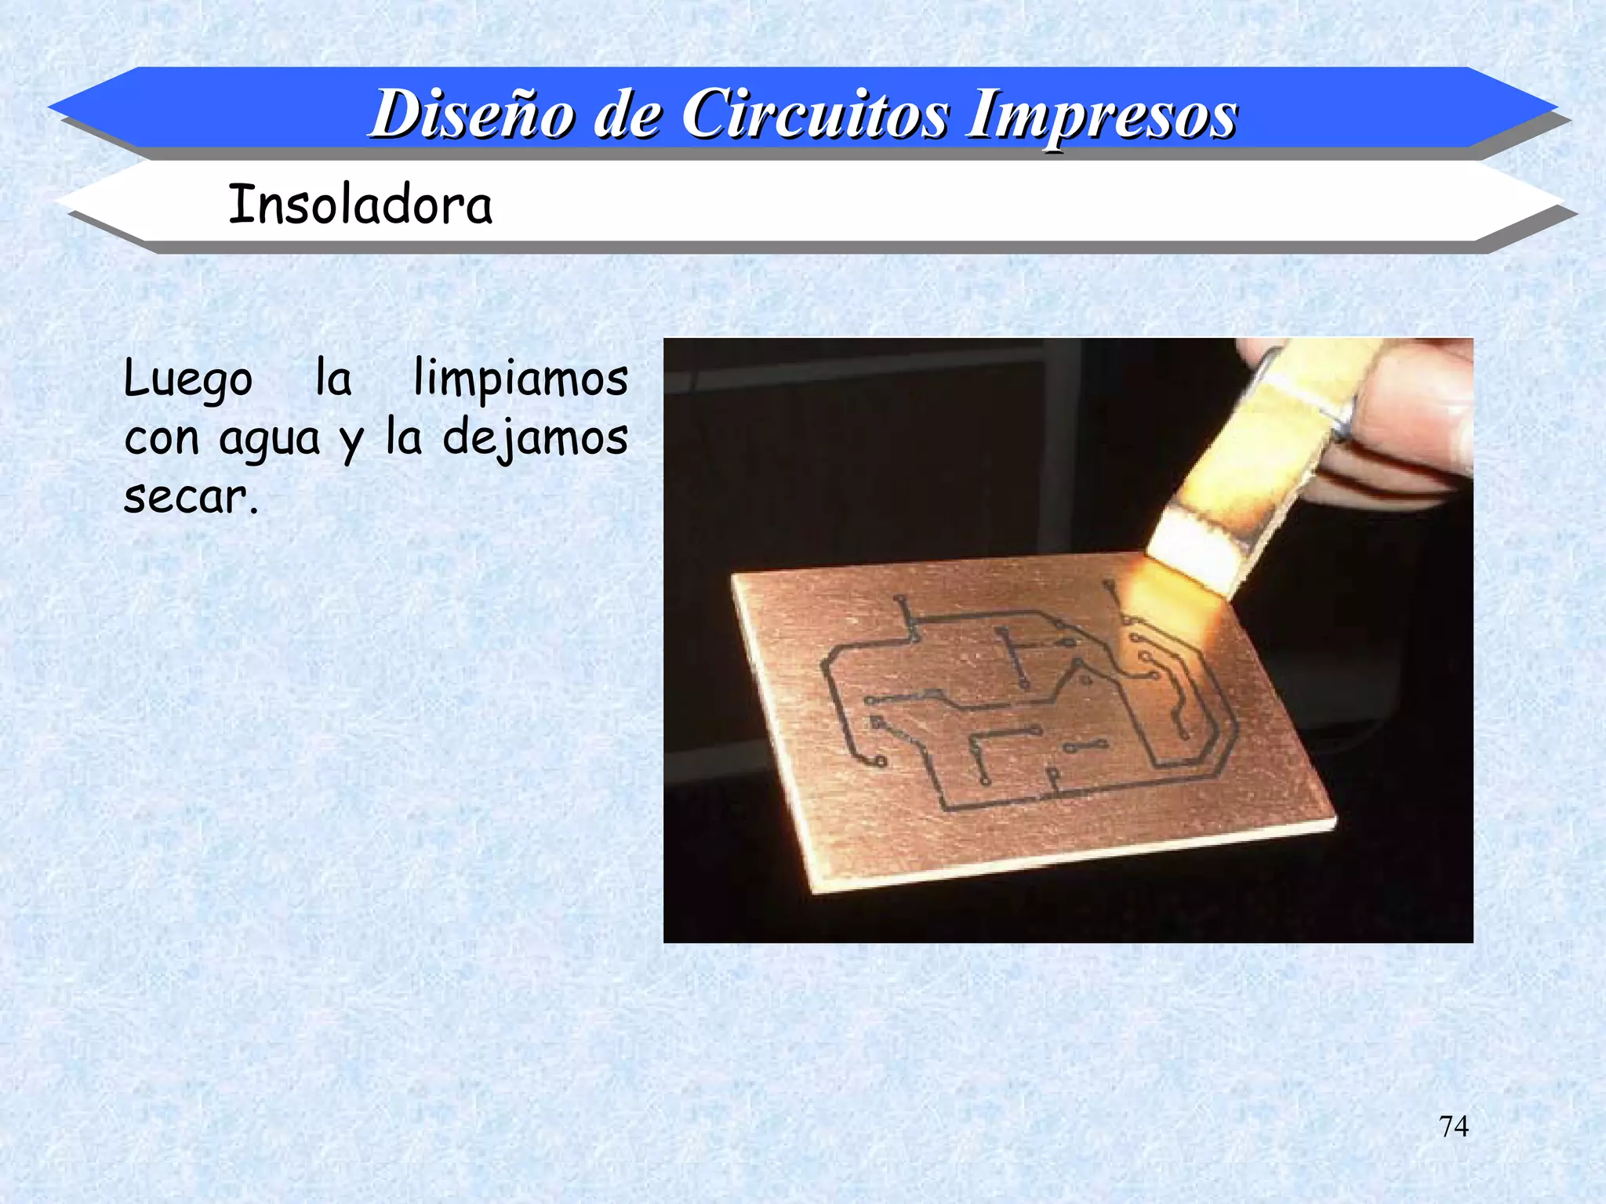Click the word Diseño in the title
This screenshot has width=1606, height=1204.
pyautogui.click(x=473, y=115)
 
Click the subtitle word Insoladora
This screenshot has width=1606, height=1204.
pyautogui.click(x=360, y=205)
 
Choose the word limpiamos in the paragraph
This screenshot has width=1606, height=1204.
pyautogui.click(x=520, y=379)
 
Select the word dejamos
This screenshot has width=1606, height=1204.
pyautogui.click(x=535, y=438)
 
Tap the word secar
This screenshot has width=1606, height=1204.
pyautogui.click(x=191, y=497)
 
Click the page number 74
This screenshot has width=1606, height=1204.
pyautogui.click(x=1453, y=1126)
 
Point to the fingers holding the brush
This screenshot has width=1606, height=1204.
pyautogui.click(x=1404, y=423)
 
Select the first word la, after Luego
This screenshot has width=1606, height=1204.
pyautogui.click(x=333, y=379)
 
